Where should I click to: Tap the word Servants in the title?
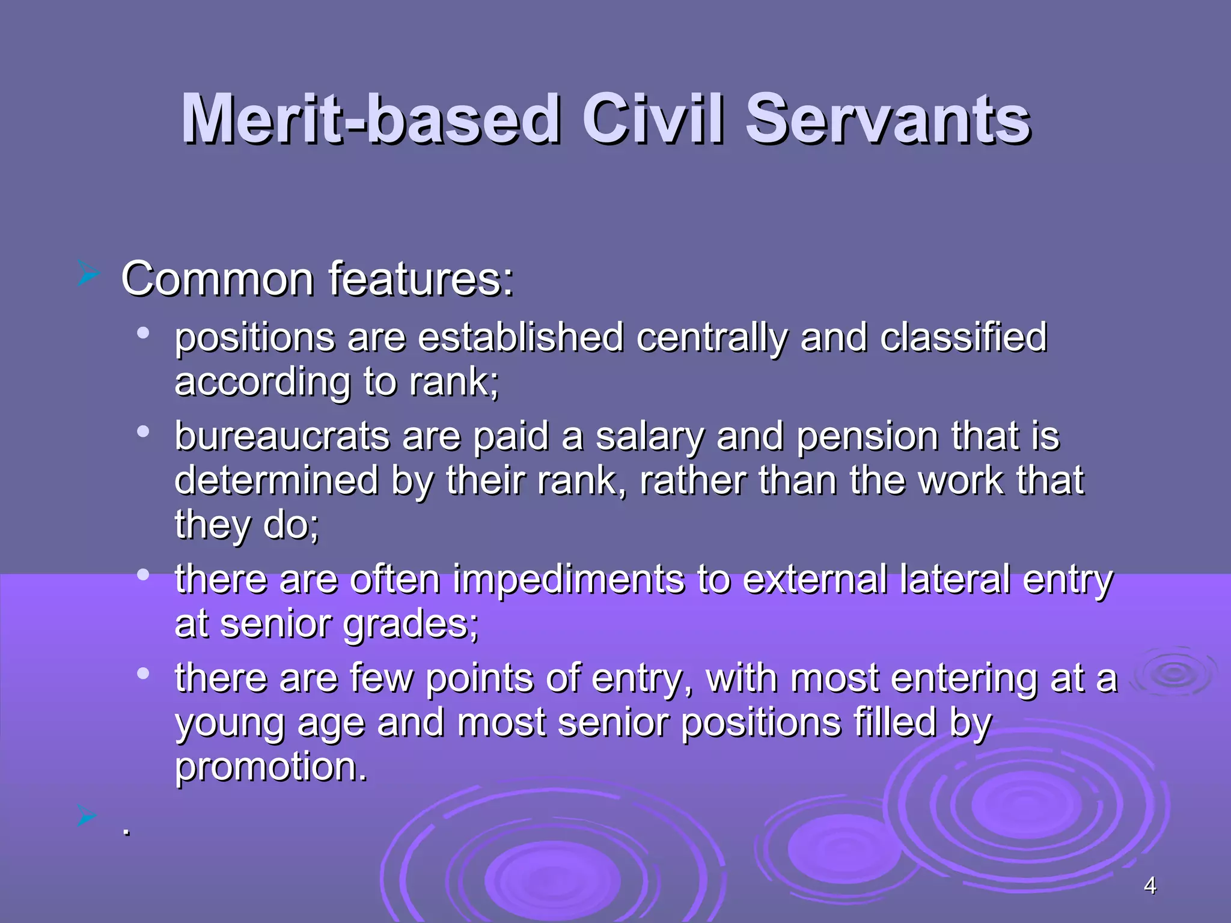[x=888, y=120]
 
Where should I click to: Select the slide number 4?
[x=1150, y=886]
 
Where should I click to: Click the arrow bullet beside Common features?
[x=88, y=275]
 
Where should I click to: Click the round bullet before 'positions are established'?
[x=143, y=333]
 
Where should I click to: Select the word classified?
[x=964, y=338]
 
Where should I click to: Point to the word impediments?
[x=569, y=580]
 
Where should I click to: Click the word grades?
[x=410, y=625]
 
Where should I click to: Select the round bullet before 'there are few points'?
[x=143, y=674]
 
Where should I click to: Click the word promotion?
[x=270, y=767]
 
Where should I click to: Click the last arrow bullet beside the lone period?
[x=88, y=816]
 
